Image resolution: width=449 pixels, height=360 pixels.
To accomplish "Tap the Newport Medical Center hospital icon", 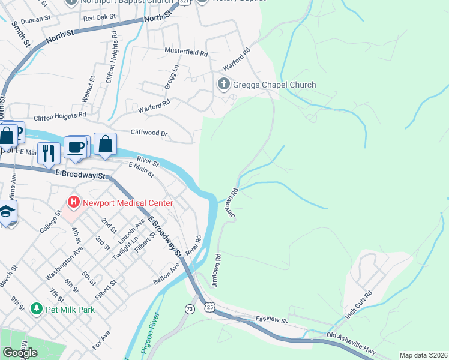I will tap(74, 202).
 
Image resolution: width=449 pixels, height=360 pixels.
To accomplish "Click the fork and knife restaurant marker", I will tap(48, 152).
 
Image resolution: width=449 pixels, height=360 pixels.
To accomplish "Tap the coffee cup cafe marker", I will tap(76, 148).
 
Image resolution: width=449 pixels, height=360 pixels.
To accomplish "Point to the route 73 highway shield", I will tap(190, 308).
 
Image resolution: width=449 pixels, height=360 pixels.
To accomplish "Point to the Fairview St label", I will tap(272, 320).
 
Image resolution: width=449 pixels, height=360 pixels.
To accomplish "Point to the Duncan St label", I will tap(35, 20).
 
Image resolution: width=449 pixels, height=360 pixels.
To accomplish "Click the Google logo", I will tap(20, 353).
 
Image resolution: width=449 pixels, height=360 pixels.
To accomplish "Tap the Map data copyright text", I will tap(423, 355).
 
